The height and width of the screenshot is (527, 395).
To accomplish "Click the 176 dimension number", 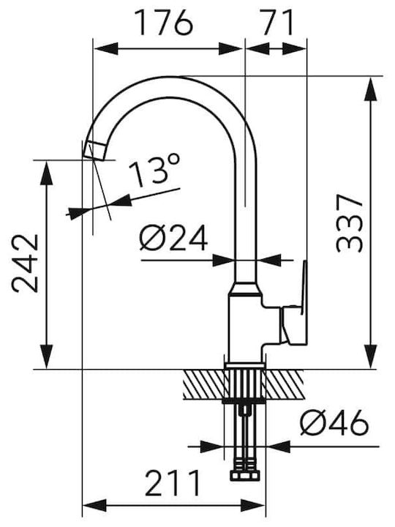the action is [x=165, y=23].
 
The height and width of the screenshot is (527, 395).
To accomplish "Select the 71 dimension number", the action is [x=277, y=23].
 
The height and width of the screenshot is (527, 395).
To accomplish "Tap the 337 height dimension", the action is [x=350, y=223].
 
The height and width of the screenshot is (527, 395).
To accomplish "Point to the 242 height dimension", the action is [x=25, y=263].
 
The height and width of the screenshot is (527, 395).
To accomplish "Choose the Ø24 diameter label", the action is [x=173, y=239].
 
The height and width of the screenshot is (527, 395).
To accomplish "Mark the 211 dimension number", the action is [x=173, y=483].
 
